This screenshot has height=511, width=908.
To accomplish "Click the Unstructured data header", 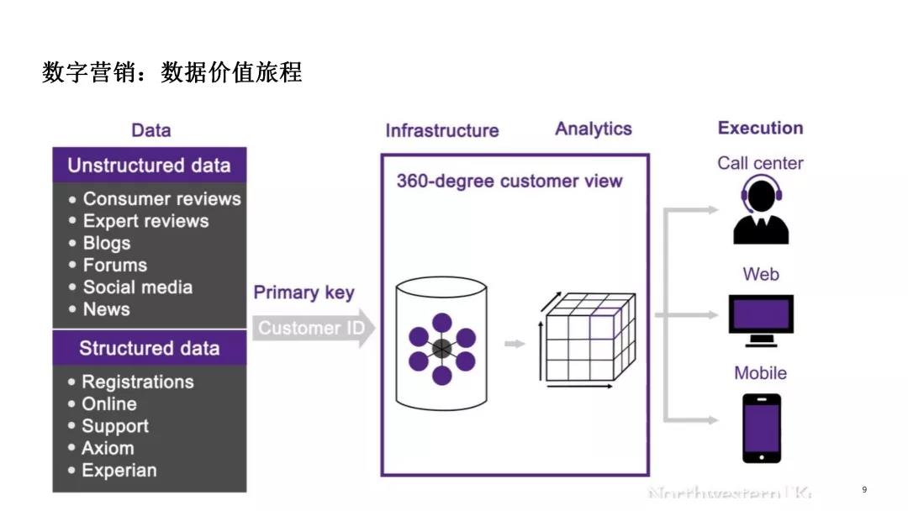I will click(149, 166).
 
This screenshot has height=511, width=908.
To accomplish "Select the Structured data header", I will click(149, 348).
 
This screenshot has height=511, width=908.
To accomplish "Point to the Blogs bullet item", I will click(107, 243).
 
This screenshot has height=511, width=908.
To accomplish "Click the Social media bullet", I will click(137, 287).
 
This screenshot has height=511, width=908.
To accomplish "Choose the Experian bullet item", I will click(119, 470).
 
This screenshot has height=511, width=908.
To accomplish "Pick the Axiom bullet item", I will click(108, 448).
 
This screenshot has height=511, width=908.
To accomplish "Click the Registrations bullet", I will click(137, 382).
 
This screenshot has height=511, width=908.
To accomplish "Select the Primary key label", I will click(304, 292).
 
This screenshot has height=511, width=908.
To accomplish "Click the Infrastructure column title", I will click(441, 130).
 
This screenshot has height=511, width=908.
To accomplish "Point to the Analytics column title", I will click(593, 129).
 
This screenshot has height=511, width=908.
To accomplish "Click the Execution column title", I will click(760, 128).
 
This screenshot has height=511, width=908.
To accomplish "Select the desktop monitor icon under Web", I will click(761, 320).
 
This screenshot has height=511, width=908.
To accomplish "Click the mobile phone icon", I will click(761, 428).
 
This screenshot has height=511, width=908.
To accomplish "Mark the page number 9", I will click(864, 489).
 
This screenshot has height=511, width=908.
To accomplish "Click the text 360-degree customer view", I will click(509, 181).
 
